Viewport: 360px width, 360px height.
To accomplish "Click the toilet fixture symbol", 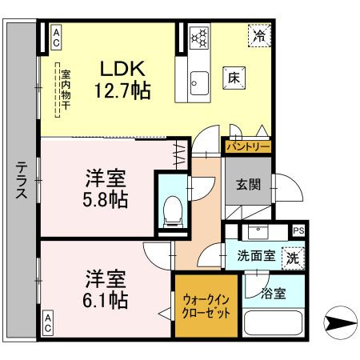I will pyautogui.click(x=173, y=210).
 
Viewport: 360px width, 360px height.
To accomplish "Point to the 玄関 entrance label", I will pyautogui.click(x=247, y=185).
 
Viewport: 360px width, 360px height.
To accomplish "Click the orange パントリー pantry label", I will pyautogui.click(x=246, y=147).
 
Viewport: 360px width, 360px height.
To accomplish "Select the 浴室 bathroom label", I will pyautogui.click(x=272, y=294).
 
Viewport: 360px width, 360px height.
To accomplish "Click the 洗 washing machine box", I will pyautogui.click(x=293, y=258).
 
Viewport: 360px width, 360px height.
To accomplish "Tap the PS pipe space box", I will pyautogui.click(x=298, y=230).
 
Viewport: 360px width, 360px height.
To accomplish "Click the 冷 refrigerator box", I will pyautogui.click(x=258, y=35).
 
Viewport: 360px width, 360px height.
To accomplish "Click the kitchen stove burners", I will pyautogui.click(x=198, y=36).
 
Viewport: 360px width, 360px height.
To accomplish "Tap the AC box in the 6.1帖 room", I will pyautogui.click(x=47, y=324).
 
